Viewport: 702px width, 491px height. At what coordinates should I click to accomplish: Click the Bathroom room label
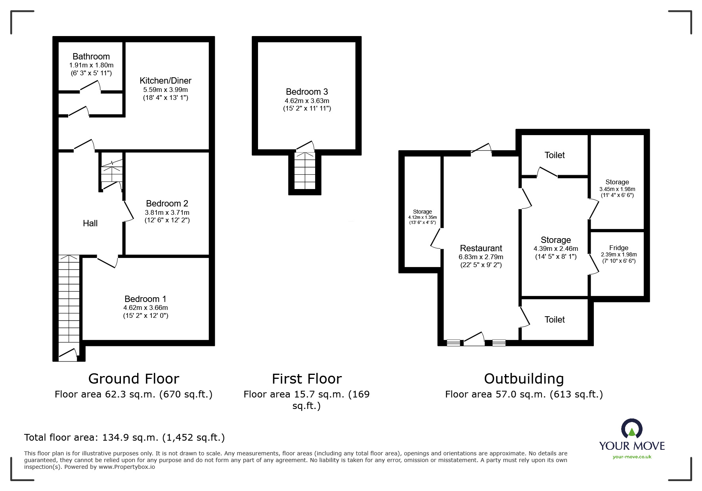click(91, 56)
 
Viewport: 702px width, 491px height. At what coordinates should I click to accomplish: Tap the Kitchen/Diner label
click(165, 80)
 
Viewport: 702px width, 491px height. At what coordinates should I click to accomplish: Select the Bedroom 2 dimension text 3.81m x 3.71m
click(167, 212)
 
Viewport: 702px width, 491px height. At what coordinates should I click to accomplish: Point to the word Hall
click(90, 223)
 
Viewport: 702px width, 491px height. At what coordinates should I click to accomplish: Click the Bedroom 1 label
click(145, 299)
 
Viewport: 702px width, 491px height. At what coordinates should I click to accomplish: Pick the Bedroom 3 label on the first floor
click(307, 92)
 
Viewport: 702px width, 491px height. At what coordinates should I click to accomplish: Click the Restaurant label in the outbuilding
click(481, 248)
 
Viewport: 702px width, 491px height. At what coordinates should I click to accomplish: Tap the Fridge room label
click(619, 248)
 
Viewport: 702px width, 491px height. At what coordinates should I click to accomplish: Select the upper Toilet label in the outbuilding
click(555, 155)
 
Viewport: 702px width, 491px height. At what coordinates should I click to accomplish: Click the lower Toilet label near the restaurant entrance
click(555, 319)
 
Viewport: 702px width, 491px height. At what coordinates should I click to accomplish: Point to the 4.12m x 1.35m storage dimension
click(423, 217)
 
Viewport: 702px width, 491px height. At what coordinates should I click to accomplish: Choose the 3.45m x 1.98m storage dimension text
click(617, 189)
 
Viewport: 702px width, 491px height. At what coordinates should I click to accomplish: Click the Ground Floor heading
click(134, 378)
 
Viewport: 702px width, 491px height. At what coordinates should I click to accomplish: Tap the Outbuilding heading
click(524, 378)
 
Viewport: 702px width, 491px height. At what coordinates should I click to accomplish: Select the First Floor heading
click(307, 379)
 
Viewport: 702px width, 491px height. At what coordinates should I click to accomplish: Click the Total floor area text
click(124, 438)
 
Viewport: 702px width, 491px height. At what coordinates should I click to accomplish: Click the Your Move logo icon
click(632, 429)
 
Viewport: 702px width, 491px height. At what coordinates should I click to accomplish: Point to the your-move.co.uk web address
click(632, 457)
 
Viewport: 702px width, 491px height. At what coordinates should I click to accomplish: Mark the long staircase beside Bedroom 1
click(69, 303)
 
